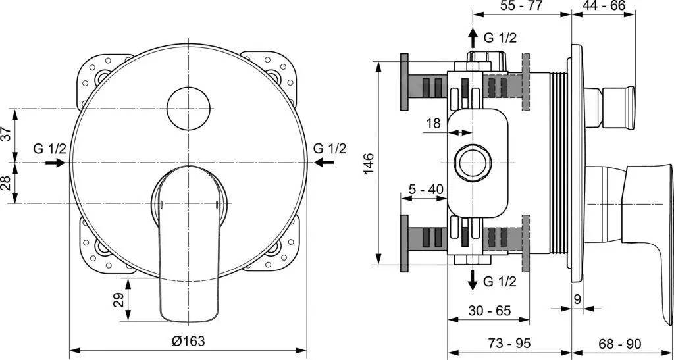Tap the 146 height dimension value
(368, 162)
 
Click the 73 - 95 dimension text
(509, 344)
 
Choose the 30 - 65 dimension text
(489, 311)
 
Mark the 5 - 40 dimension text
(426, 190)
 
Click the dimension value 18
(433, 124)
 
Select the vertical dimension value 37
(6, 134)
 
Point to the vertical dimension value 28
(6, 182)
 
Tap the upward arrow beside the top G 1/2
(472, 38)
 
